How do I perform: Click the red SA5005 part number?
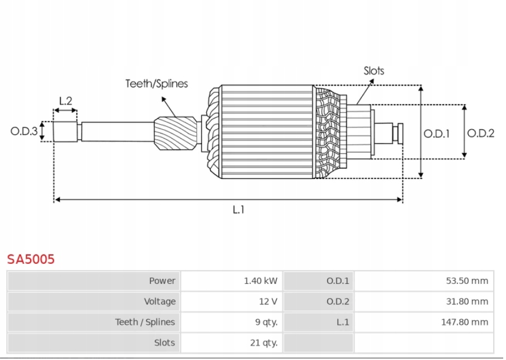(31, 259)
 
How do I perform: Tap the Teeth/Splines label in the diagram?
(157, 84)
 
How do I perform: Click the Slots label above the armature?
(373, 70)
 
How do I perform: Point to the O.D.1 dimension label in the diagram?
(437, 133)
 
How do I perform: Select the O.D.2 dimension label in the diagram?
(481, 133)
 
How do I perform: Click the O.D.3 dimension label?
(24, 131)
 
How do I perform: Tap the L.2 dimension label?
(65, 101)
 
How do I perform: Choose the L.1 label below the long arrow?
(239, 210)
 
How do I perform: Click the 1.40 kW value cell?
(260, 281)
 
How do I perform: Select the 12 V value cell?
(268, 301)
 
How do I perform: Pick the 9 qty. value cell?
(266, 322)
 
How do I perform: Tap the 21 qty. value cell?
(263, 343)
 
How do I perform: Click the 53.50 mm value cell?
(467, 281)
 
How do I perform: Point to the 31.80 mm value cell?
(467, 301)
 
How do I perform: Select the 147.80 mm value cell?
(465, 322)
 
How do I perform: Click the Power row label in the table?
(162, 281)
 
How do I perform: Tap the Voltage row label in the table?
(159, 301)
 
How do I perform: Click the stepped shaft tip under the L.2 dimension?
(65, 131)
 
